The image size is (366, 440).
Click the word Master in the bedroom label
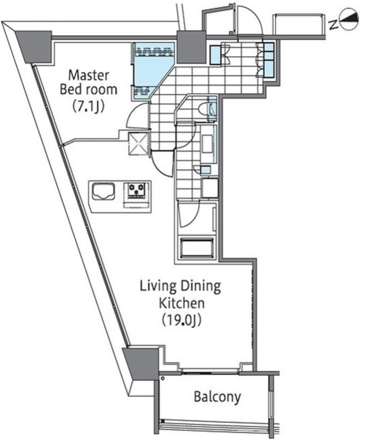coord(89,75)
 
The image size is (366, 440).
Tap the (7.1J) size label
coord(88,107)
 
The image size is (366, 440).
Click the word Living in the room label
coord(158,287)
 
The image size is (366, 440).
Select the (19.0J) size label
coord(182,320)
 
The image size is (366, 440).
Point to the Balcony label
coord(217,397)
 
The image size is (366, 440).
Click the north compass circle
coord(349,19)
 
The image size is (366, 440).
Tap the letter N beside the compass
coord(334,25)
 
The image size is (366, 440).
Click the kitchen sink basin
coord(103,191)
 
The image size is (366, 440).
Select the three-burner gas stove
coord(136,191)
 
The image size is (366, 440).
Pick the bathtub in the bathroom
coord(197,247)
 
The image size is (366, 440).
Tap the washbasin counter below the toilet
coord(209,144)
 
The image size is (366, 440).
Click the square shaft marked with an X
coord(138,144)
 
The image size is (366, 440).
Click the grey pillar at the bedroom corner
coord(34,46)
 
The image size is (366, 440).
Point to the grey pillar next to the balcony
coord(141,364)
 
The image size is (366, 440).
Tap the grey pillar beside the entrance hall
coord(191,47)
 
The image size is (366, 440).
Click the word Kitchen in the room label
coord(182,303)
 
